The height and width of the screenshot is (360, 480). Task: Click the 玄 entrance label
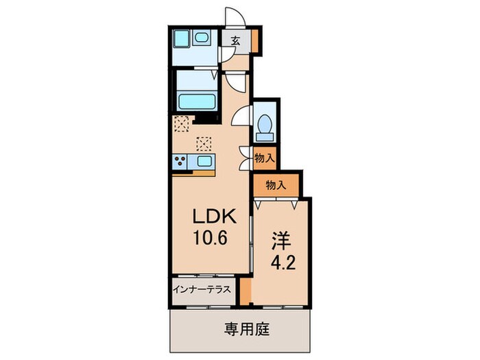(236, 41)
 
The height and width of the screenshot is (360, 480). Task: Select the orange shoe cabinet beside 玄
(254, 41)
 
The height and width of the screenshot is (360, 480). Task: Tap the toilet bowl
(264, 127)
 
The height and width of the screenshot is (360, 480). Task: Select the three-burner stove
(182, 162)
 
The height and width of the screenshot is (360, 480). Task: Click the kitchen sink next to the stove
(204, 162)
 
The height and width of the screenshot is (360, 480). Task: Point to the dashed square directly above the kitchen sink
(204, 143)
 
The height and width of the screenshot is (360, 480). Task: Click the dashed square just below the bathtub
(182, 124)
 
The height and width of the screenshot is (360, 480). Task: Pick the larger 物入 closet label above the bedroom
(276, 184)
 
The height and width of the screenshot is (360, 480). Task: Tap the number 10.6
(213, 240)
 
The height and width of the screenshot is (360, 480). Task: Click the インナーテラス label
(204, 290)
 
